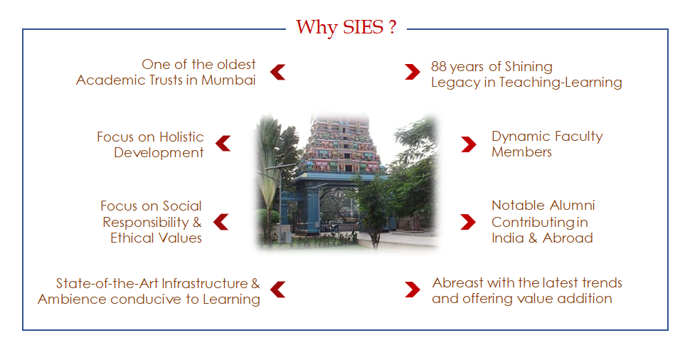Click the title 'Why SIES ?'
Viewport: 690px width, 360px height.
click(346, 28)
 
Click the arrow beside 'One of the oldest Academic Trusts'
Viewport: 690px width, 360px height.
click(277, 72)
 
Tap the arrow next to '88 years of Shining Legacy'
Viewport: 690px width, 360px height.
click(412, 72)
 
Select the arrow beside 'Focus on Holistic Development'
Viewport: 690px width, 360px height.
click(222, 144)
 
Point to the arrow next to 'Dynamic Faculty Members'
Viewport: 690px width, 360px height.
click(468, 144)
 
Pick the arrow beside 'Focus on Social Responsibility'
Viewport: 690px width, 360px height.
click(221, 222)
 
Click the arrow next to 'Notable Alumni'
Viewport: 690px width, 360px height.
click(467, 222)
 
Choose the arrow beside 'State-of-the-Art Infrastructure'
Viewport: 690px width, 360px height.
click(277, 290)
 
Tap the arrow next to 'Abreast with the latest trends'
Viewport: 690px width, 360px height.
click(412, 290)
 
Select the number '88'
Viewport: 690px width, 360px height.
click(439, 67)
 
